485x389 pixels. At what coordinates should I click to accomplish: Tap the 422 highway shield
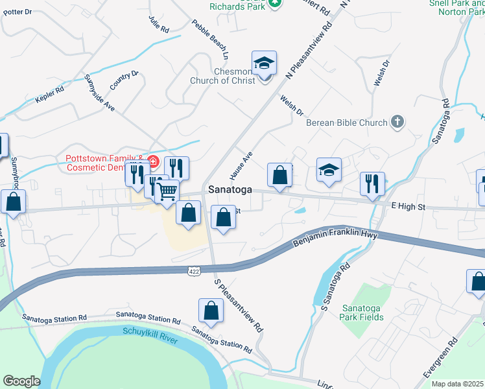coord(193,270)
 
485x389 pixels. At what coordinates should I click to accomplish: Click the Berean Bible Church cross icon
coord(397,122)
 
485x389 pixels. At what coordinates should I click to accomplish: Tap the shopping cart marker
coord(167,191)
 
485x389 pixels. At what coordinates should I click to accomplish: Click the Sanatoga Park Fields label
coord(363,312)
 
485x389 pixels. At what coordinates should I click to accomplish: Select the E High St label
coord(408,206)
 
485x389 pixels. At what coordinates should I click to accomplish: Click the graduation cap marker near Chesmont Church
coord(264,64)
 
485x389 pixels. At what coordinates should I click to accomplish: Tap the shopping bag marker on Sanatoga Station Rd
coord(211,311)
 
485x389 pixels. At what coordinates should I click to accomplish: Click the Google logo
coord(21,381)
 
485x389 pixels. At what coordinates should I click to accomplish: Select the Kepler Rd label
coord(49,95)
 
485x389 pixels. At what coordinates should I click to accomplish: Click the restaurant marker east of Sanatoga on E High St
coord(372,183)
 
